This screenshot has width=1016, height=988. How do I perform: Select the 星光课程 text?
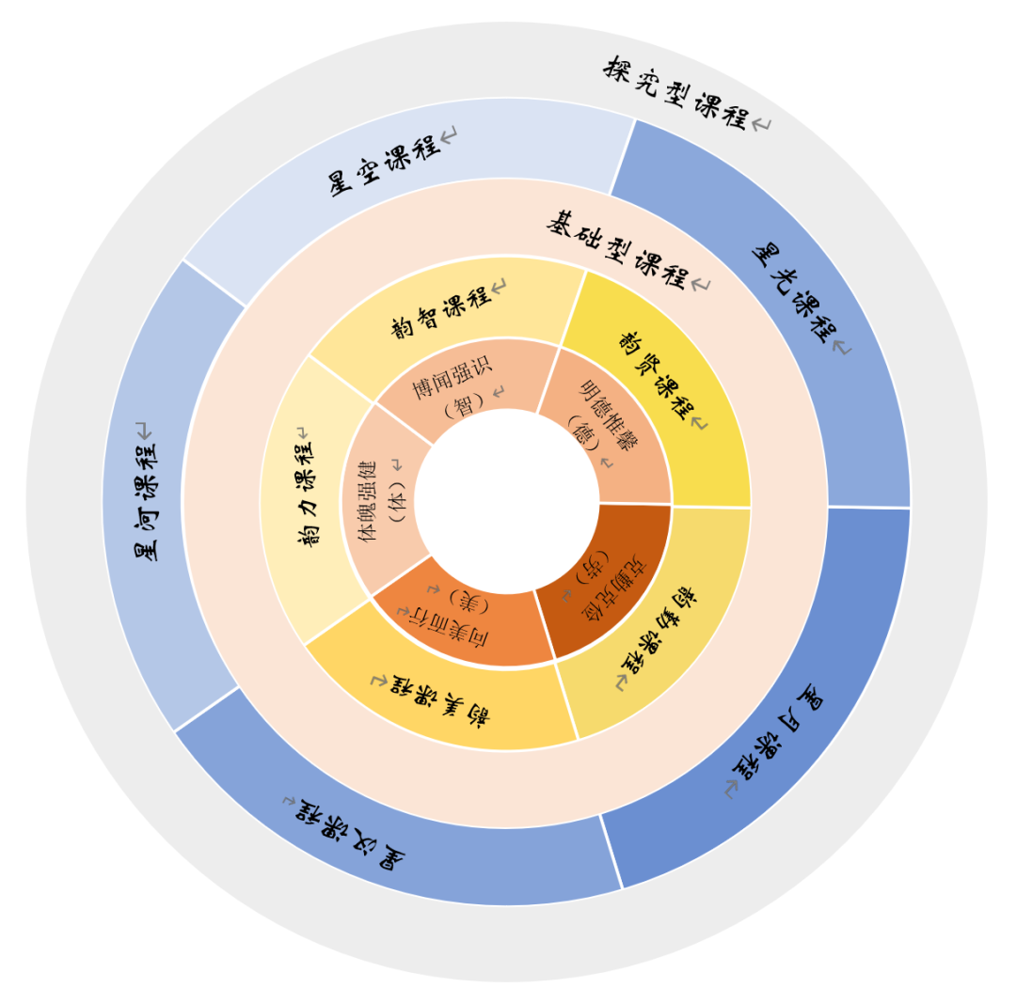[x=795, y=292]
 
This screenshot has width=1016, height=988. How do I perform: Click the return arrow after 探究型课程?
[x=760, y=124]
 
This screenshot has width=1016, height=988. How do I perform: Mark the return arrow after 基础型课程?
[x=701, y=284]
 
